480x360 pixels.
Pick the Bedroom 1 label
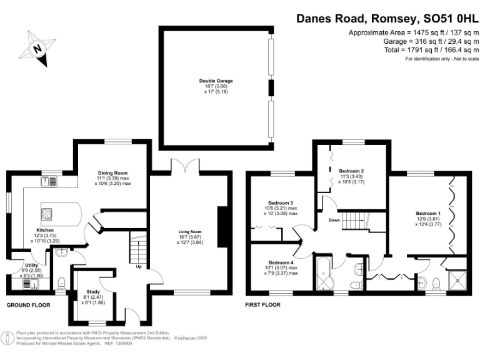(x=429, y=214)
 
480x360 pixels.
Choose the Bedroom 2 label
(x=351, y=171)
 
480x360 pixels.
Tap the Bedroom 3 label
(x=281, y=202)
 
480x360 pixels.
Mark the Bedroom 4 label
(x=277, y=262)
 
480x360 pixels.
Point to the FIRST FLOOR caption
(x=263, y=305)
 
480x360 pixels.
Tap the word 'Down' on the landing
(x=334, y=220)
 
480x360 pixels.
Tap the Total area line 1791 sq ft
(x=415, y=49)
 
